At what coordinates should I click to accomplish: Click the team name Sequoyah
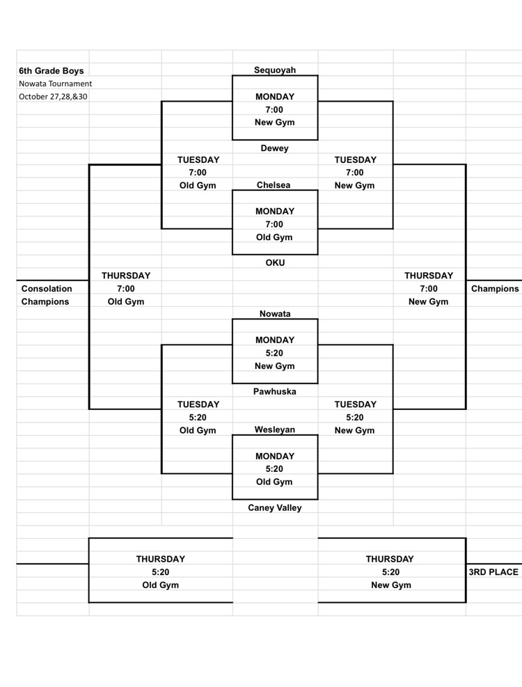click(x=275, y=70)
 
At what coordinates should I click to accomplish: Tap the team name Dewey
click(x=275, y=148)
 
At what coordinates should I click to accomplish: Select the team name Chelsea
click(x=274, y=185)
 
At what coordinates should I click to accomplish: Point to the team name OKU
click(x=275, y=262)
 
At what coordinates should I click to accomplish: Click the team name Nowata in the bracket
click(x=275, y=314)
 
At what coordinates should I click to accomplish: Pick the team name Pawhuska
click(x=275, y=392)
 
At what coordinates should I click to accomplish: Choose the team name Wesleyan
click(x=275, y=429)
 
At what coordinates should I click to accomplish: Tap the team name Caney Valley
click(x=275, y=508)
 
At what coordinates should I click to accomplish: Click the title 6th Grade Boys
click(x=52, y=70)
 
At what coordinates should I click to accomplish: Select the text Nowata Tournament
click(x=56, y=84)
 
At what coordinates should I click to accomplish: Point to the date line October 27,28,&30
click(x=54, y=97)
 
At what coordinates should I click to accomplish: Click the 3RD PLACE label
click(x=494, y=572)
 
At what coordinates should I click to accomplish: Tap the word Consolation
click(x=47, y=289)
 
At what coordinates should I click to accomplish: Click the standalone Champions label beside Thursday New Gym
click(x=495, y=289)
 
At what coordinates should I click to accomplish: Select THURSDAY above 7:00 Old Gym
click(x=126, y=276)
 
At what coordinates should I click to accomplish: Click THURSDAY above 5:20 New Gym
click(x=390, y=559)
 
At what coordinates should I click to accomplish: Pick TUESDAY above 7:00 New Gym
click(x=355, y=159)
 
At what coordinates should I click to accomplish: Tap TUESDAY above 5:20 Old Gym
click(x=198, y=404)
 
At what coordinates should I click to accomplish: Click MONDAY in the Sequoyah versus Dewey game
click(x=275, y=97)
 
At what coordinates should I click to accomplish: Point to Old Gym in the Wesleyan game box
click(x=275, y=482)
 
